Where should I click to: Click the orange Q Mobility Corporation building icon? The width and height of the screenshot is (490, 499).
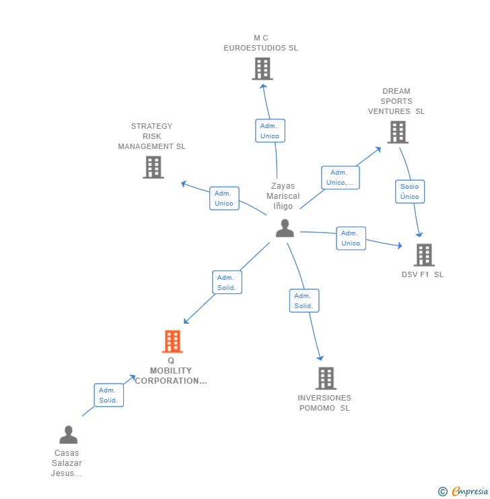click(x=172, y=341)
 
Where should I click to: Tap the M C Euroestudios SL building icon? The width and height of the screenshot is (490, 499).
click(x=262, y=69)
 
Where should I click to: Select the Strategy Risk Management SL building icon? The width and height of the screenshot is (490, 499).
click(x=153, y=167)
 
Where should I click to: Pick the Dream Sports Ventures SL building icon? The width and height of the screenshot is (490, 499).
click(x=398, y=132)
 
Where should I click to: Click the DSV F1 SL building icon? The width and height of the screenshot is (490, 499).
click(x=424, y=255)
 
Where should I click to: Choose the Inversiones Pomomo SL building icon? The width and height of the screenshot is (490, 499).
click(x=326, y=378)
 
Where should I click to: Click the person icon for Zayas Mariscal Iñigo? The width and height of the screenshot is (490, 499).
click(x=285, y=228)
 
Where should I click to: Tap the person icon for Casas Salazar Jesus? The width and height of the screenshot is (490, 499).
click(x=68, y=435)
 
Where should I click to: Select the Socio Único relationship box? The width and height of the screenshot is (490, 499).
click(x=410, y=192)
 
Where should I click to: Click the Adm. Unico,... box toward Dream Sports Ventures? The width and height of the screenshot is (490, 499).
click(x=341, y=177)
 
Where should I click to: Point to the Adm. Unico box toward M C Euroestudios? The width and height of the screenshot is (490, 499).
click(x=271, y=131)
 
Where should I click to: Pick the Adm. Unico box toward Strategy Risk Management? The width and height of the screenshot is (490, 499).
click(x=224, y=198)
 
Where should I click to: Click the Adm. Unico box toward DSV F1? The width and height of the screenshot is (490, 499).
click(x=351, y=238)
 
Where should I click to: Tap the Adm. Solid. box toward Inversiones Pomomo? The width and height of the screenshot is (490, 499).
click(x=304, y=301)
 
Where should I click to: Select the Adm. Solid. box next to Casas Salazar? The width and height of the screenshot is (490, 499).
click(x=108, y=395)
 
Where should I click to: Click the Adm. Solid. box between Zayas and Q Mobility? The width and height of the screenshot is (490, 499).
click(x=227, y=283)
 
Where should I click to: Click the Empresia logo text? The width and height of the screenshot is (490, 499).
click(x=470, y=492)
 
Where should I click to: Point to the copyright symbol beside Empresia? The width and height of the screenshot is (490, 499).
click(x=443, y=492)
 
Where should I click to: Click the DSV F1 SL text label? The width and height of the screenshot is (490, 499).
click(x=423, y=274)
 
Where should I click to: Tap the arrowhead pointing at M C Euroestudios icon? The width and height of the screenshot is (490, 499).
click(x=263, y=86)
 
